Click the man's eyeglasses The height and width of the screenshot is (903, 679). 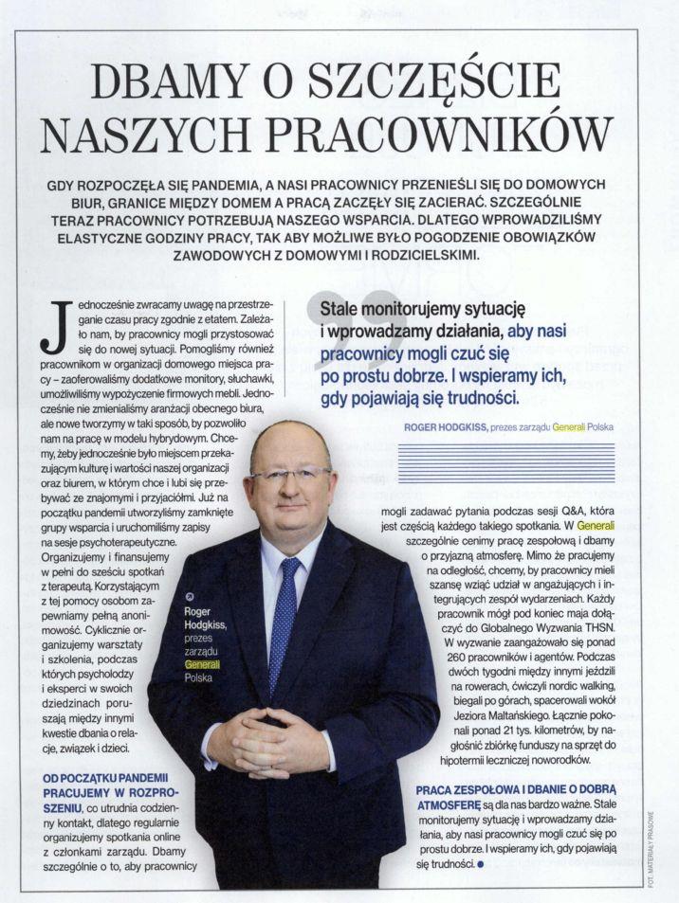point(290,472)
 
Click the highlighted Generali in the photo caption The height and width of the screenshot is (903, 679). point(201,666)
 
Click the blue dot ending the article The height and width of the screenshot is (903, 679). point(482,863)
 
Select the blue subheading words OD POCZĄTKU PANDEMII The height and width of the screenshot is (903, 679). point(102,779)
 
